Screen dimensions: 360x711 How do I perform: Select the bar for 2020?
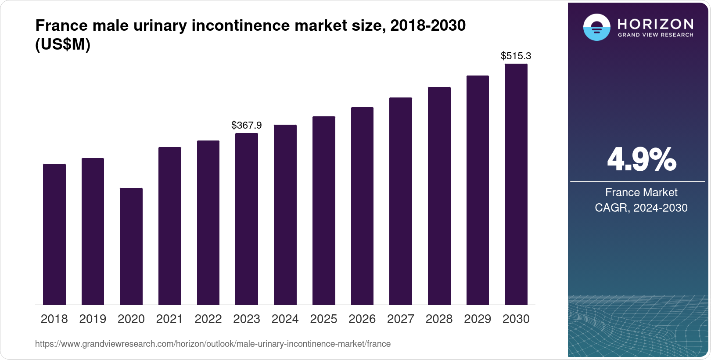click(131, 246)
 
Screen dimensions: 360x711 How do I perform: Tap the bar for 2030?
click(516, 184)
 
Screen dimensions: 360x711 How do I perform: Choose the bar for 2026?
click(362, 206)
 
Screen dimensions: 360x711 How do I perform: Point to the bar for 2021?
click(170, 226)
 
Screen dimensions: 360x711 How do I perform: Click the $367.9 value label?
click(247, 126)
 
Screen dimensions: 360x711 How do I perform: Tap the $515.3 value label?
click(516, 56)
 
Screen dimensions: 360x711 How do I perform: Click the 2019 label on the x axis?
click(93, 319)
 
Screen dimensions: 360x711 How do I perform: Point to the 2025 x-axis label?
click(323, 319)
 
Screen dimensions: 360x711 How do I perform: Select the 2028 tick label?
click(439, 319)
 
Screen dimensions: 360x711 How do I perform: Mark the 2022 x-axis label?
click(208, 319)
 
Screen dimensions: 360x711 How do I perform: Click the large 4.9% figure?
click(641, 160)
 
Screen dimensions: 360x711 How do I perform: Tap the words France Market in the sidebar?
click(641, 192)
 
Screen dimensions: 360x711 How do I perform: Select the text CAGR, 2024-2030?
click(641, 208)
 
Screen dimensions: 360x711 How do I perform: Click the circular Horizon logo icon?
click(596, 28)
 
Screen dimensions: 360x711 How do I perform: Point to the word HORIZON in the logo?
click(655, 24)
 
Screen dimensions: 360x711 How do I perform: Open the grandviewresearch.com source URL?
click(213, 344)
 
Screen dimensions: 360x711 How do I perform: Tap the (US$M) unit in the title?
click(63, 45)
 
